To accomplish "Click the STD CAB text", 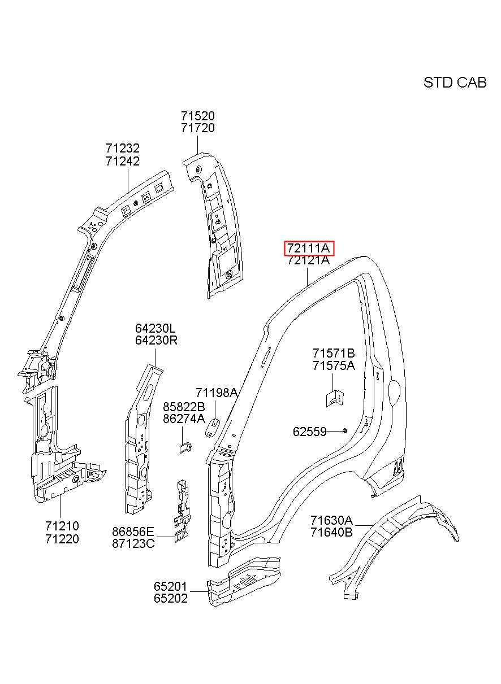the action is pos(455,82).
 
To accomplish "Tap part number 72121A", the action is pos(309,260).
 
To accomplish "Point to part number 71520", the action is pos(198,116).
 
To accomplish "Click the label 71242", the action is pos(123,161).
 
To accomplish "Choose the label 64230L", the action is pos(156,328).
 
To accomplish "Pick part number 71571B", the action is pos(334,353).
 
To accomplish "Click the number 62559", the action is pos(310,432).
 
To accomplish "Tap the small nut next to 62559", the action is pos(345,430).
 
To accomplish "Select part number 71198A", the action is pos(217,393).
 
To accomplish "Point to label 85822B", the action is pos(184,407).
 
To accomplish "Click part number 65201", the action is pos(170,586).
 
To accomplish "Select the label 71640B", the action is pos(332,532).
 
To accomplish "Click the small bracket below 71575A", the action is pos(334,398).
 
